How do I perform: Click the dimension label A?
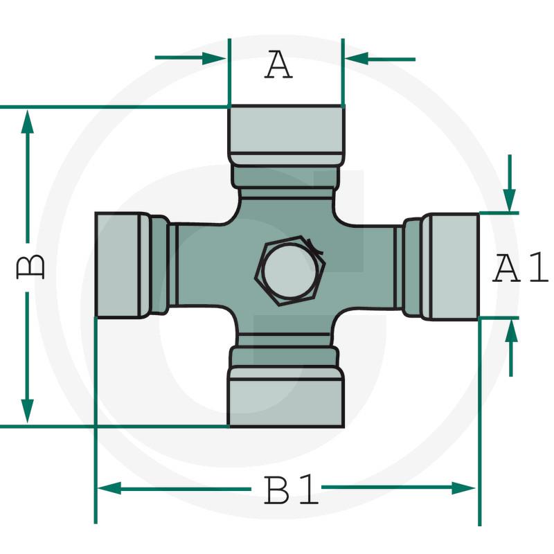click(279, 64)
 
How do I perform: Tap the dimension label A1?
click(520, 267)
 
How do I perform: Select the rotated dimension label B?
click(30, 267)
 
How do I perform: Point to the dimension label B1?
click(291, 490)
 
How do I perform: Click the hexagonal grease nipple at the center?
click(290, 271)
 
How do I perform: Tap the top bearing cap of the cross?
click(286, 134)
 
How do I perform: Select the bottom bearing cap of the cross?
click(286, 397)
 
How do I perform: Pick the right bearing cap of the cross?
click(451, 267)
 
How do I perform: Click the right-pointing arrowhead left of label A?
click(214, 57)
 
